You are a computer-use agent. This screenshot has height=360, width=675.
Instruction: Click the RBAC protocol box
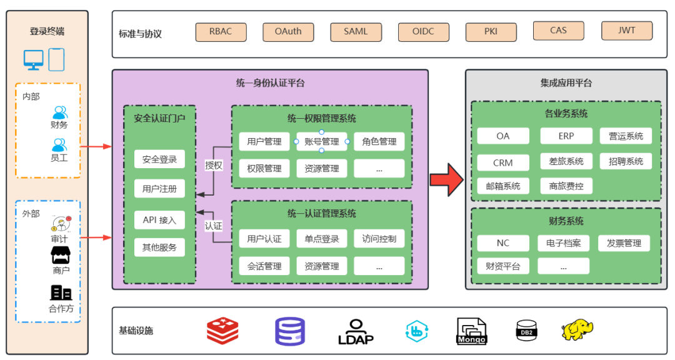221,32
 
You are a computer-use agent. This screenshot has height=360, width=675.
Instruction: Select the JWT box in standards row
626,31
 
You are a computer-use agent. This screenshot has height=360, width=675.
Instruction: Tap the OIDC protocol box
423,32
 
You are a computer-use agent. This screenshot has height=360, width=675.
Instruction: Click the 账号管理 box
321,142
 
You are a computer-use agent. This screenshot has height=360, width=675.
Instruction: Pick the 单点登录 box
321,239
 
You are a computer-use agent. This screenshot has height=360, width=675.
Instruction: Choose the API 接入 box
159,220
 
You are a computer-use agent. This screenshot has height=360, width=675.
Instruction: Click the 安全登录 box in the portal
159,159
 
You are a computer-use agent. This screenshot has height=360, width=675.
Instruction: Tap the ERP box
566,136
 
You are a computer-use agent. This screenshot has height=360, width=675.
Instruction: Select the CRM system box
502,162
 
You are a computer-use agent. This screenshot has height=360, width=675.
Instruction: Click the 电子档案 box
563,242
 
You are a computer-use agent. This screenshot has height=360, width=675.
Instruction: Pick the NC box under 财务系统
502,242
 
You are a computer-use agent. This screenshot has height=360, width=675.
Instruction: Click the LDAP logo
356,332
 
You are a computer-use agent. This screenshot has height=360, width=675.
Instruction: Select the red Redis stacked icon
222,331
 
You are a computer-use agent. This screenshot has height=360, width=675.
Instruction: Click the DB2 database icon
526,331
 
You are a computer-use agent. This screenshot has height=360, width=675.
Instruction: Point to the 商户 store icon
61,255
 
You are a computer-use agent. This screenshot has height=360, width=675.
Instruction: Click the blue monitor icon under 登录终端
34,60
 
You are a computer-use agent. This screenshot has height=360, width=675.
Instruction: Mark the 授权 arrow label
214,166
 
